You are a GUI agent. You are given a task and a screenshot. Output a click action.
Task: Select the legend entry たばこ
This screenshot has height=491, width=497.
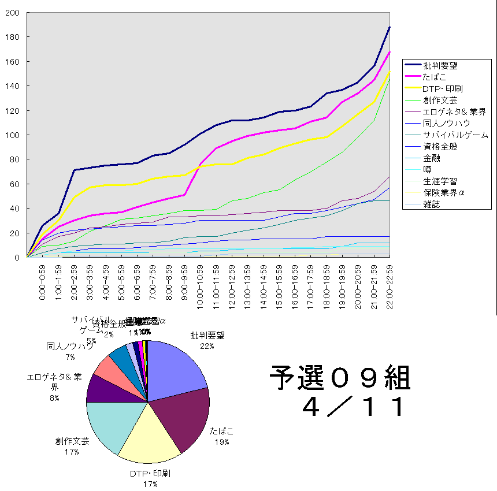435,76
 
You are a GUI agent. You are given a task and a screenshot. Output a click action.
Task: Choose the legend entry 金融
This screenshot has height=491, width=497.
431,158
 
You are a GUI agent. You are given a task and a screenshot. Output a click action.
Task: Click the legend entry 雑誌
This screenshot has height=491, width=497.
431,204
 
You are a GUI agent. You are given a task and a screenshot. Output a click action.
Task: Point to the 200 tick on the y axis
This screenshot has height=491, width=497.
13,13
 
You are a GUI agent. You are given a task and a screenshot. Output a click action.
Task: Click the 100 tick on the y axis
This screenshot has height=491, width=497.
13,135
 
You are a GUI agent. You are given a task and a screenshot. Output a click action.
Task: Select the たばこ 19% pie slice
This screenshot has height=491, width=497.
185,419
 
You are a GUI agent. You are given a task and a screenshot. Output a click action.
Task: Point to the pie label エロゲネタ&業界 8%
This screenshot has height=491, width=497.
54,387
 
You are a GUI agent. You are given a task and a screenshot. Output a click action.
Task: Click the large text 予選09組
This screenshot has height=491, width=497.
340,379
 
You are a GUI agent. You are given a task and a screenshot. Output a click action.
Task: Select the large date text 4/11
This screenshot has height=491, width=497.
353,407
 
